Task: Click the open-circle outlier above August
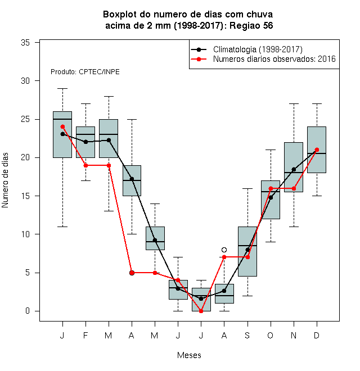pos(224,250)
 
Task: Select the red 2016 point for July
pos(201,311)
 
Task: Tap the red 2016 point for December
pos(317,150)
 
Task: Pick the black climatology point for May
pos(155,240)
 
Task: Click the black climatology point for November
pos(294,169)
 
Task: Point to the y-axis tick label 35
pos(25,43)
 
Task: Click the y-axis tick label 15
pos(25,196)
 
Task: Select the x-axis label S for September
pos(247,335)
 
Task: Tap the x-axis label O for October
pos(270,335)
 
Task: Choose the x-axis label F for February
pos(85,335)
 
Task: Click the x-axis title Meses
pos(189,355)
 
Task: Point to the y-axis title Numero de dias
pos(5,180)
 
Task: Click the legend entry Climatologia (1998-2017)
pos(258,49)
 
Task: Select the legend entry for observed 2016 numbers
pos(274,59)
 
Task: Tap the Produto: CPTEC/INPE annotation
pos(85,72)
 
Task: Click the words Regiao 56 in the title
pos(251,25)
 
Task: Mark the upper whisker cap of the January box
pos(62,88)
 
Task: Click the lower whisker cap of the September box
pos(247,296)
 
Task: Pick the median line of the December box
pos(317,153)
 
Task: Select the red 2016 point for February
pos(85,165)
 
